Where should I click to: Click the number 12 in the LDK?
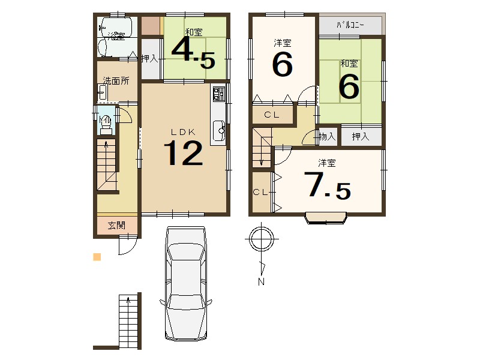pos(184,153)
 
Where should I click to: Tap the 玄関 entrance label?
pos(116,226)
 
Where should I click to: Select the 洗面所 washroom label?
pos(116,81)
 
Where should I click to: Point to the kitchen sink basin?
pos(219,130)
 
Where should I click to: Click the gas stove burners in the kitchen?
pos(218,94)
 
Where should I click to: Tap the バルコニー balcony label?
pos(350,25)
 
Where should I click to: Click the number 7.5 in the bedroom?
pos(327,185)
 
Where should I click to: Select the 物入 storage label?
pos(327,137)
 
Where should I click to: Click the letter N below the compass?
pos(261,281)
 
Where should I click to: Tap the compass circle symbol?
pos(261,239)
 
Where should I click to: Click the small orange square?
pos(97,257)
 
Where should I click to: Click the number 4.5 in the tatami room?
pos(193,53)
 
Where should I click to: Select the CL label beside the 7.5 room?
pos(260,192)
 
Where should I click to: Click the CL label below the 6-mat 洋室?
pos(272,115)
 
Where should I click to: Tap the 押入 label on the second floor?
pos(361,137)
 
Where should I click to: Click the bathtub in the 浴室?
pos(116,27)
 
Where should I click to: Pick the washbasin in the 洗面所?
pos(102,92)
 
